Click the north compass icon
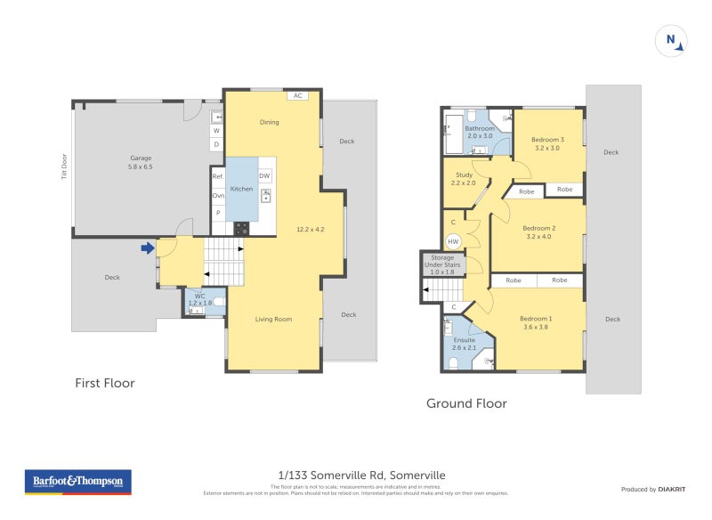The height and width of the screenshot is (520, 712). [671, 40]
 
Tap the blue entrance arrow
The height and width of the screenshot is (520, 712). [147, 248]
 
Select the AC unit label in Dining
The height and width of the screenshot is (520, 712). [297, 95]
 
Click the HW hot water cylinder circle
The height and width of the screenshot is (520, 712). [453, 241]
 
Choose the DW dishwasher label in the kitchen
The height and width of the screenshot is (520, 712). [264, 176]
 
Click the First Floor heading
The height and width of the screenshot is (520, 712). [104, 383]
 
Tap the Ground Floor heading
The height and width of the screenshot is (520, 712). [466, 403]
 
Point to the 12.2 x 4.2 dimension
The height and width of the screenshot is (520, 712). [310, 230]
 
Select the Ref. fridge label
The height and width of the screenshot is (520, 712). [217, 176]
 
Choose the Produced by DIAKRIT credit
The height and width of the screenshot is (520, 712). [657, 490]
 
